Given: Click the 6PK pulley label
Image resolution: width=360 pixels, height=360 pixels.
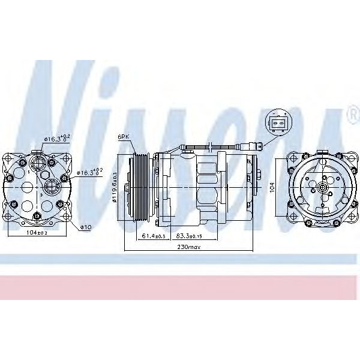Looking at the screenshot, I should coord(124,137).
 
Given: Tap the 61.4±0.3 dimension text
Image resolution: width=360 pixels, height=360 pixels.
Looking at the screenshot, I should coord(154,236).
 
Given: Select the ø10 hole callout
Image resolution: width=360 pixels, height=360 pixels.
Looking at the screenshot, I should coord(88,227).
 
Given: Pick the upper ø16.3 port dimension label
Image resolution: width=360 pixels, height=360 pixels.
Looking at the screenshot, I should coord(58,139).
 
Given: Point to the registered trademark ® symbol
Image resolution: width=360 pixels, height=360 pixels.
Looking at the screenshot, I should coord(352,112).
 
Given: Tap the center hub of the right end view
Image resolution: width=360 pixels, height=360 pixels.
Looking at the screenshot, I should coord(323,187).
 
